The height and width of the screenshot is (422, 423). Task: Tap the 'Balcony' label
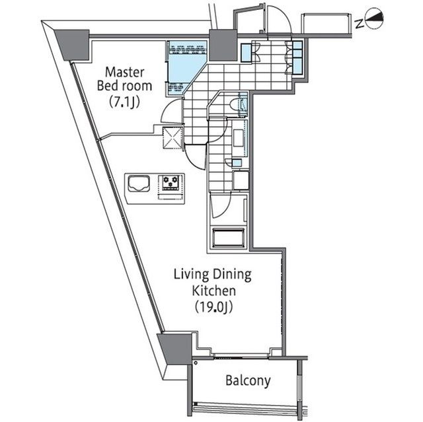pos(248,381)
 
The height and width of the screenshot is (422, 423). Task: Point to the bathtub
pos(229,238)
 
